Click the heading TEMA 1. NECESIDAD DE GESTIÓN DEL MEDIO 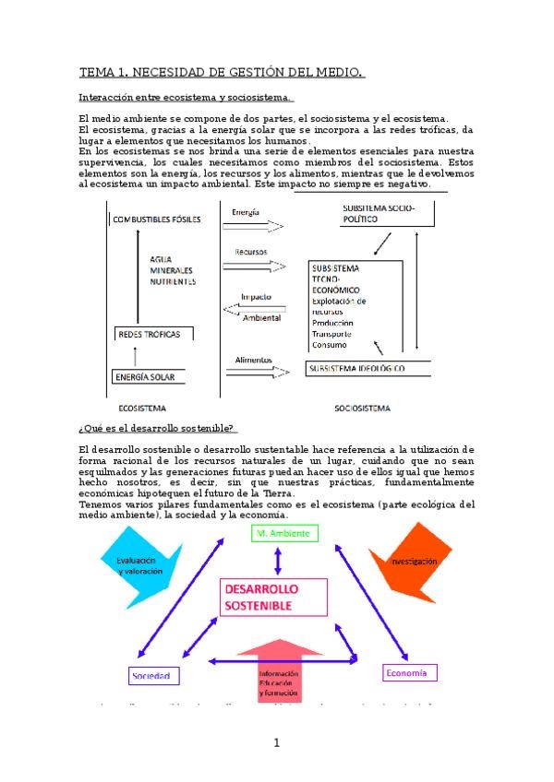222,73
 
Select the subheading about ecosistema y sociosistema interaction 186,98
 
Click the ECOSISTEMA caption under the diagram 142,408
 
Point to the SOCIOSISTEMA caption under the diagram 362,408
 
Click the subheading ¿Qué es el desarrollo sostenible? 158,427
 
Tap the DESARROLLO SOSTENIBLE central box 272,597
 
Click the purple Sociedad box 152,676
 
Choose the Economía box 407,673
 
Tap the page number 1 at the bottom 276,742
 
